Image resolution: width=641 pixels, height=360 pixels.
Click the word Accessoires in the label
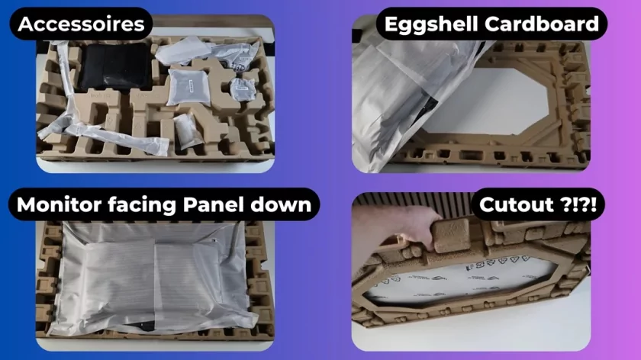click(x=81, y=24)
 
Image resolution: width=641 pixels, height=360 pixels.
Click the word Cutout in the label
click(x=517, y=204)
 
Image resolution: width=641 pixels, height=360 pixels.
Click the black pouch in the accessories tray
click(x=115, y=66)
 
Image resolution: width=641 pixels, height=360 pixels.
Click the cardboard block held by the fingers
click(x=451, y=235)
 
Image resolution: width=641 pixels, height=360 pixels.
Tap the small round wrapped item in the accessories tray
click(x=243, y=89)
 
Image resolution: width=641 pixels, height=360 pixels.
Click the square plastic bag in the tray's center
click(x=189, y=87)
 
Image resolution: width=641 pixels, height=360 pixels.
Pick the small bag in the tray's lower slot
click(x=188, y=130)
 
